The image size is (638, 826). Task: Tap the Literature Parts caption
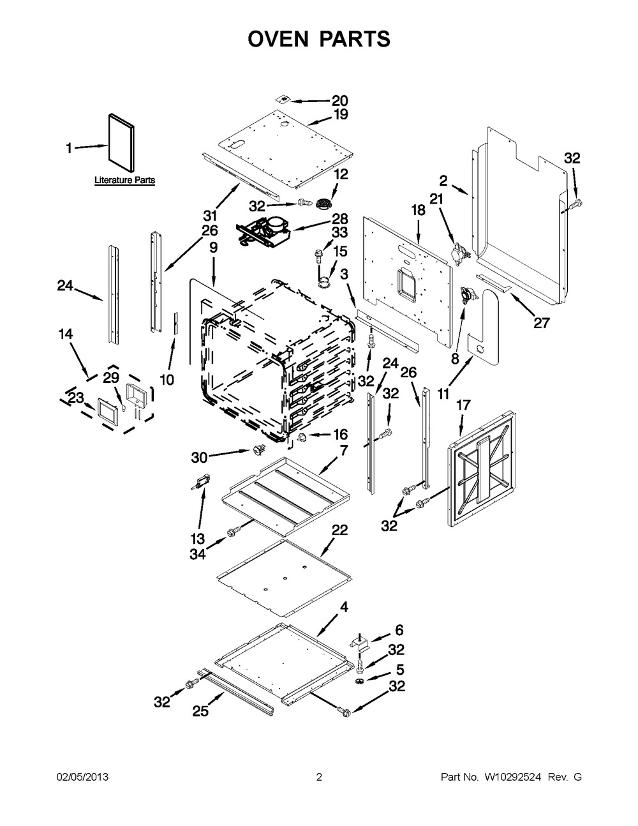pos(124,180)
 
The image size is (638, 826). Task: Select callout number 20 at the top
pos(339,101)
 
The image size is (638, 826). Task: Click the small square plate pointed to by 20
pos(283,99)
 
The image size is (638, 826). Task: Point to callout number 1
pos(69,148)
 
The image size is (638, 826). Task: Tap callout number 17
pos(463,405)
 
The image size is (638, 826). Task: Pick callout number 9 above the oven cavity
pos(213,248)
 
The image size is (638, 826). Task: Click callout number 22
pos(339,530)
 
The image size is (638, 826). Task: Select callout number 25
pos(200,711)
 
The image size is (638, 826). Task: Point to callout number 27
pos(542,323)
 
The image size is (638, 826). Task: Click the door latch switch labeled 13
pos(201,482)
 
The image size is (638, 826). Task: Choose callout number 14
pos(65,334)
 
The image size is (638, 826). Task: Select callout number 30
pos(199,458)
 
